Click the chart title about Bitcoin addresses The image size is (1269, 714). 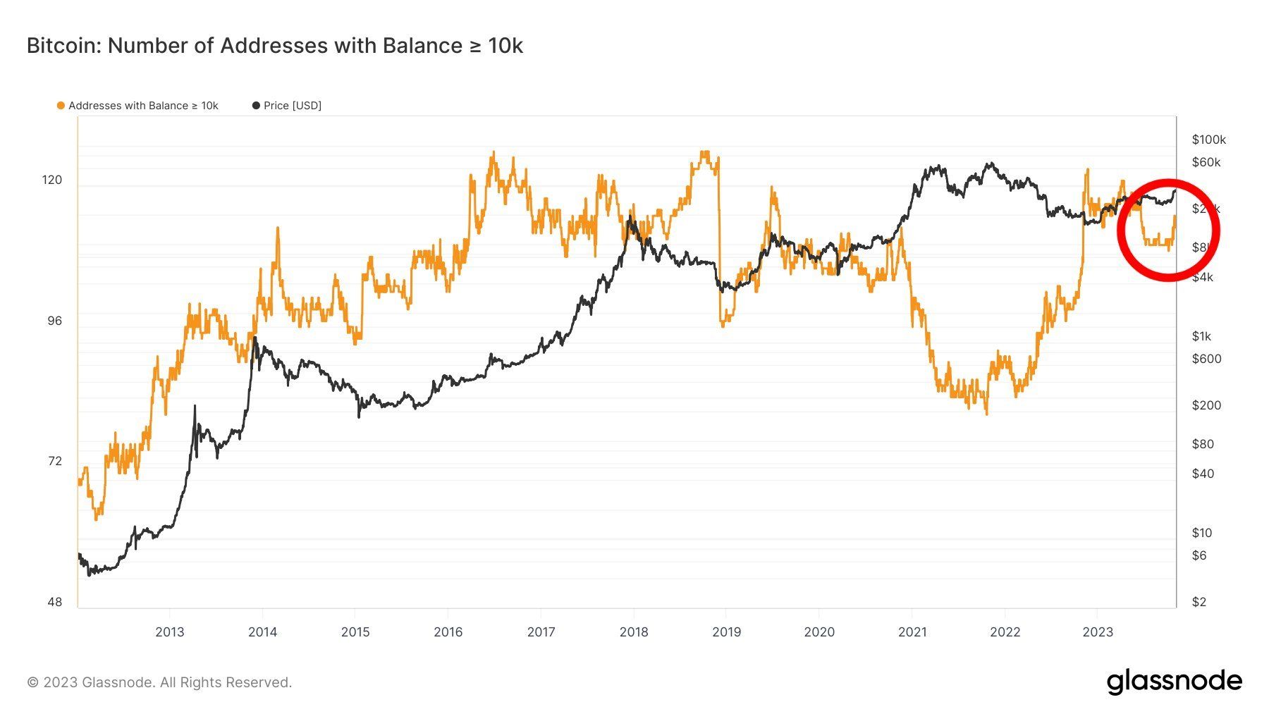(274, 46)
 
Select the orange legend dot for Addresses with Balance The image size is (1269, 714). (61, 106)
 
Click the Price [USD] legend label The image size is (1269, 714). (292, 106)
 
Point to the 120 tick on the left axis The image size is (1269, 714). (52, 180)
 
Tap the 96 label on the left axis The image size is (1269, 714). (54, 321)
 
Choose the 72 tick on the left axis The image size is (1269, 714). (54, 461)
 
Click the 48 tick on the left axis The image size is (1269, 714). (54, 602)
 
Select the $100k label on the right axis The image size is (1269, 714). (1208, 140)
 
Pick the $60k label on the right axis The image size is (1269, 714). (1206, 162)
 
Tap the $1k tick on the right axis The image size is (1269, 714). (1201, 336)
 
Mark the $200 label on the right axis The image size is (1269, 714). (1206, 405)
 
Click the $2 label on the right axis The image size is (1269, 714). (1198, 602)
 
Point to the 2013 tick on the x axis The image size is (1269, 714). (169, 632)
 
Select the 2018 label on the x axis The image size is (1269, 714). (633, 632)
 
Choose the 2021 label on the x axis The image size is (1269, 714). (912, 632)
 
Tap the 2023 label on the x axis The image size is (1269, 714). (1097, 632)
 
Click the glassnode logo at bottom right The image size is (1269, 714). (1174, 682)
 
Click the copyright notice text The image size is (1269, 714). (159, 682)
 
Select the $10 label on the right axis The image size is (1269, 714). (1201, 533)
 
